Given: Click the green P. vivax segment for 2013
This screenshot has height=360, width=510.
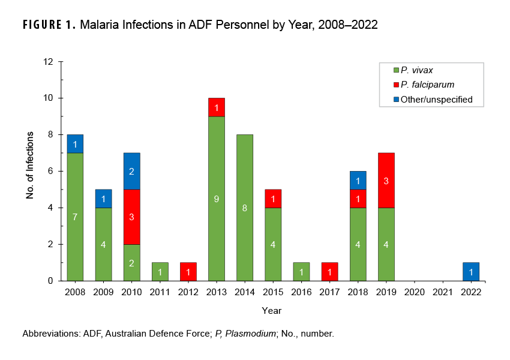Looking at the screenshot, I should click(x=216, y=198).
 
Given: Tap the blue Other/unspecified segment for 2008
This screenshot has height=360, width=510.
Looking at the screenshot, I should click(x=75, y=143).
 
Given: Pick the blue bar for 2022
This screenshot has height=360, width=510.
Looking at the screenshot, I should click(x=471, y=271).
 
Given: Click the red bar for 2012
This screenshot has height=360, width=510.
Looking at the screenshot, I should click(x=188, y=271).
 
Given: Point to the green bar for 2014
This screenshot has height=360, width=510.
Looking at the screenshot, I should click(x=244, y=207).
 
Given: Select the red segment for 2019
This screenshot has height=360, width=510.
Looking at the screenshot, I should click(x=386, y=180).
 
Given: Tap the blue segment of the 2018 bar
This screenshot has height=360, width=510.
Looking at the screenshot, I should click(x=358, y=180).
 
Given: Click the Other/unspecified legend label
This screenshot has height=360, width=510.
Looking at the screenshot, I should click(x=436, y=100).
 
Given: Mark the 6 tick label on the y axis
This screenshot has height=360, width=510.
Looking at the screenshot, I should click(x=51, y=171).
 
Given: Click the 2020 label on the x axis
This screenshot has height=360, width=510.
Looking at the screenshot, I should click(x=414, y=292).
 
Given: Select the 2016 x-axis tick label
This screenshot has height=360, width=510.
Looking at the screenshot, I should click(x=301, y=292).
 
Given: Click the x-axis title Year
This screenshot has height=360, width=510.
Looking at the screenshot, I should click(x=271, y=311).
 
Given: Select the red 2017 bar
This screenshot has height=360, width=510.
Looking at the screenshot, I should click(x=329, y=271).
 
